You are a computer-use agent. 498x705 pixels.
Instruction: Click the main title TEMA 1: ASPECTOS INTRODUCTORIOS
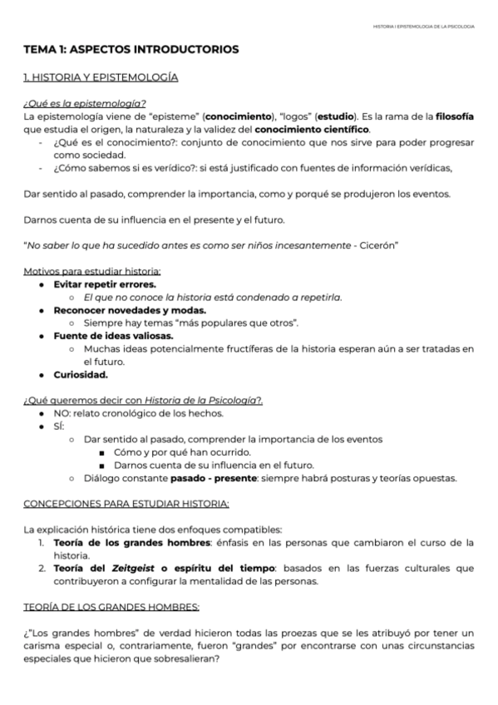pos(131,50)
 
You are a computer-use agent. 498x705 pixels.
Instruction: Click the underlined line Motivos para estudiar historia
pos(91,271)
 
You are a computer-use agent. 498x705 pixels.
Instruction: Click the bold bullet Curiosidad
pos(81,374)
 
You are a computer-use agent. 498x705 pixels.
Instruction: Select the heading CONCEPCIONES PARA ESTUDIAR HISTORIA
pos(126,504)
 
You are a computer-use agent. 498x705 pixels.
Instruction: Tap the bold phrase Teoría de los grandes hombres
pos(133,542)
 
